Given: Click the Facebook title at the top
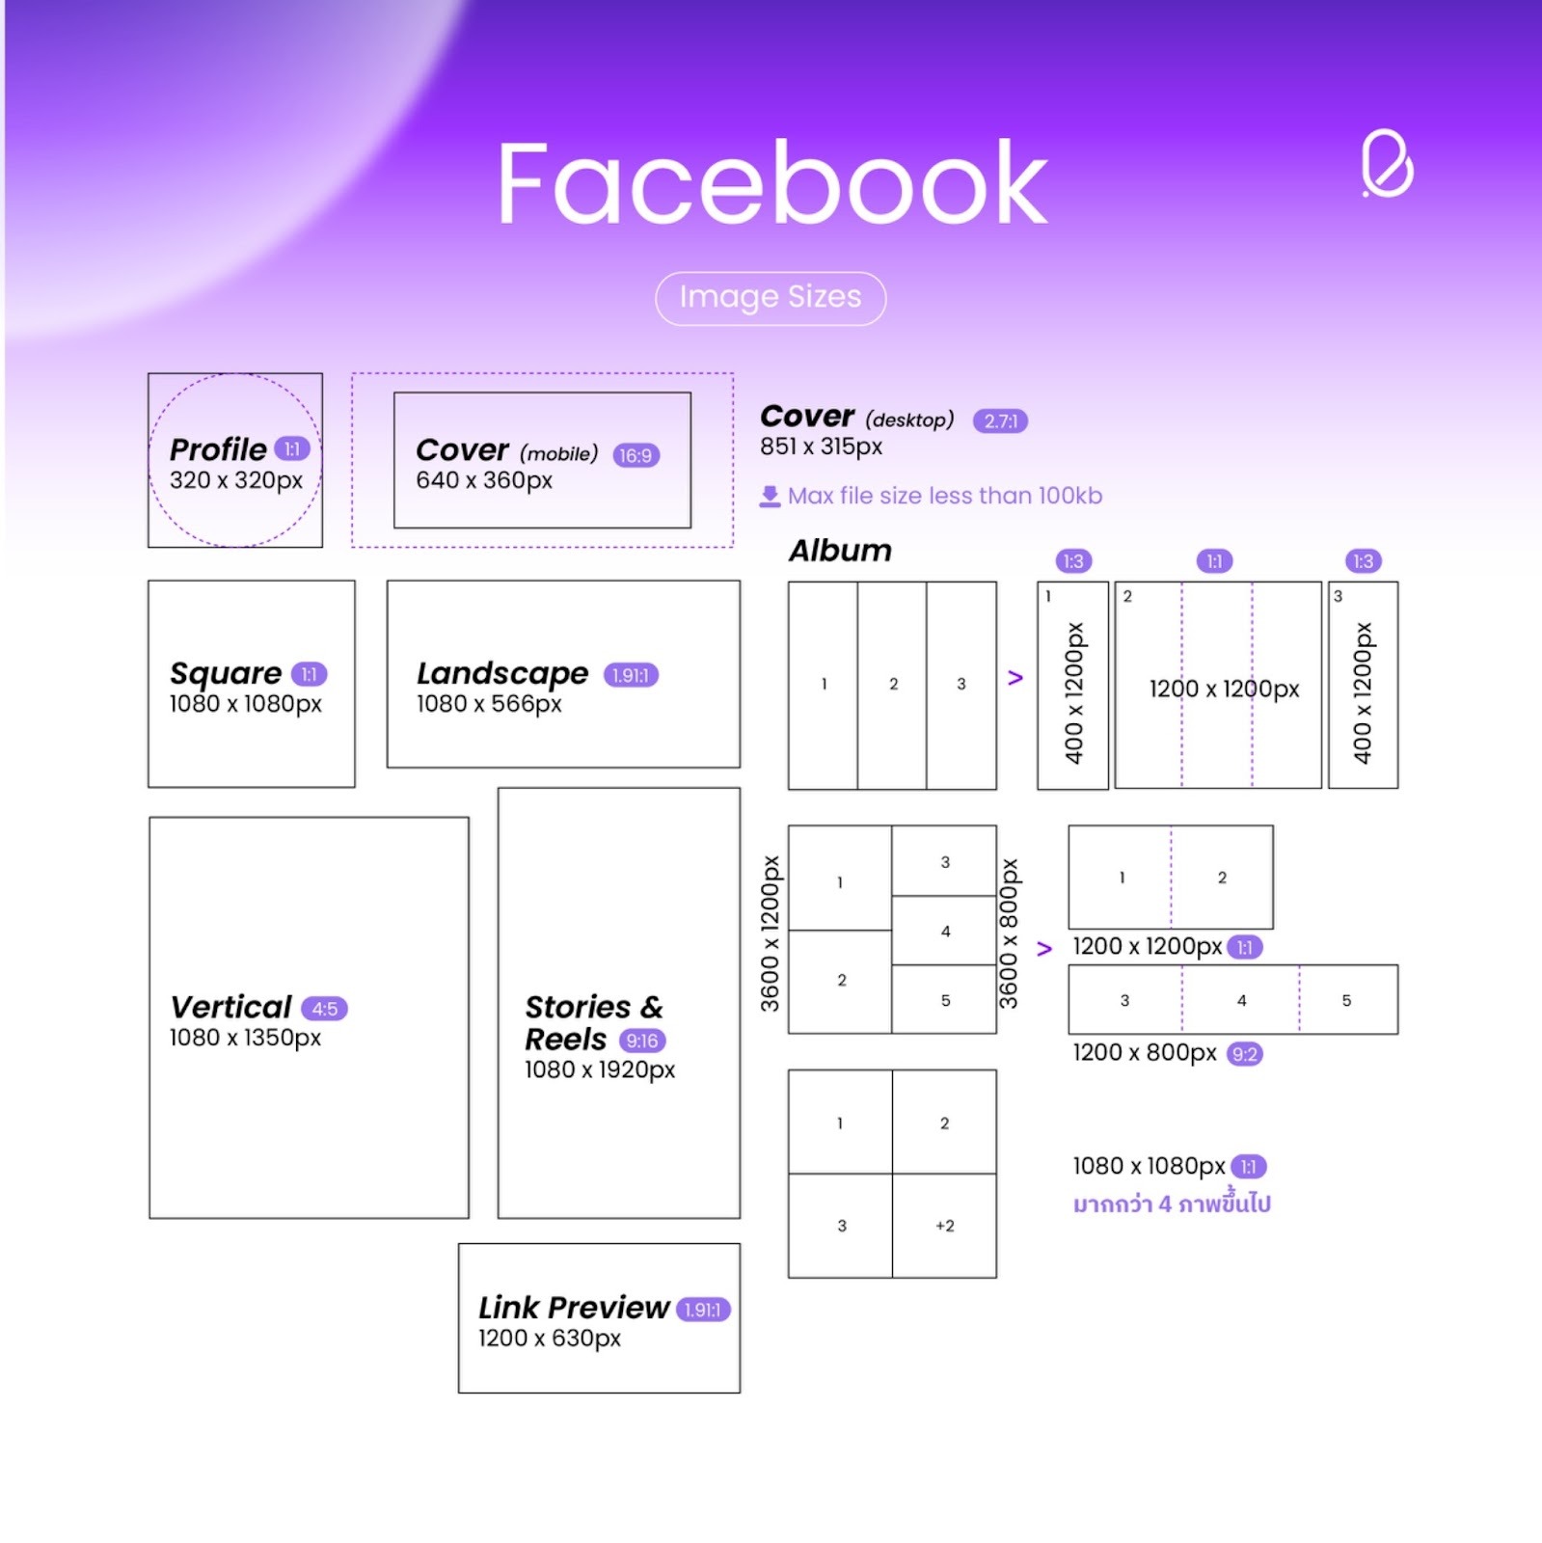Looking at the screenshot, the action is click(771, 183).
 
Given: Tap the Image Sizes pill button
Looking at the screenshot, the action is click(770, 298).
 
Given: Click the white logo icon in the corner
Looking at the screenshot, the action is click(1387, 163).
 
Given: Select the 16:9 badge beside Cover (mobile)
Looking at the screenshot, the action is click(636, 455).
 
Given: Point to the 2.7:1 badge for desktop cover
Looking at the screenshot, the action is click(1000, 421).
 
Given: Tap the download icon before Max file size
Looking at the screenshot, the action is click(770, 497).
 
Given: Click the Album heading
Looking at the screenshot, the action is click(840, 551).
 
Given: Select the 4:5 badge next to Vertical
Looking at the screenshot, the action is click(324, 1009).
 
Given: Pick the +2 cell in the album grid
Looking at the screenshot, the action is click(944, 1226).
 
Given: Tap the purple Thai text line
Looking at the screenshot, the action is click(1172, 1204).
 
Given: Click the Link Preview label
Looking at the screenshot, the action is click(574, 1308).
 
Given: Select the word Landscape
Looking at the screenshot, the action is click(502, 673).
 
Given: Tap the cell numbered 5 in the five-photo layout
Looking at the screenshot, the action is click(945, 1000).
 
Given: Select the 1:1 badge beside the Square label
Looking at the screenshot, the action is click(309, 674).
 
